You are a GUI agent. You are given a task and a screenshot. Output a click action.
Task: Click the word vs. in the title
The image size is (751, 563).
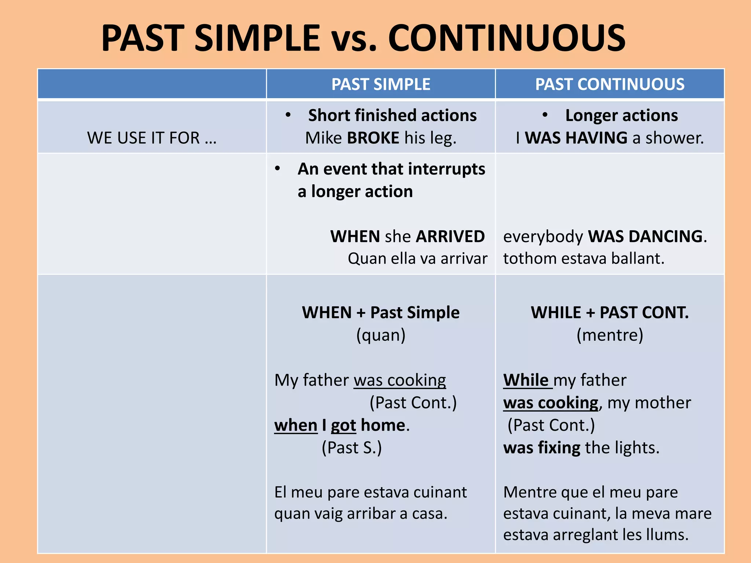click(354, 38)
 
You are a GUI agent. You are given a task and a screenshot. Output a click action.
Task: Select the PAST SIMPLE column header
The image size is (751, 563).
click(381, 84)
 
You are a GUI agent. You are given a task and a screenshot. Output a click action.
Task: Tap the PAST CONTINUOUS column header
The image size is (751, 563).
click(609, 84)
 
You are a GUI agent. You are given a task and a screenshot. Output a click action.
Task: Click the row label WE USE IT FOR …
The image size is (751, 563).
click(152, 138)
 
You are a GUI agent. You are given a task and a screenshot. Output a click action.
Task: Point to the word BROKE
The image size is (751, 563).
click(373, 138)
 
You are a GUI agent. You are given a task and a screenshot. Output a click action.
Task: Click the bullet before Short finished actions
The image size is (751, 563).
click(288, 115)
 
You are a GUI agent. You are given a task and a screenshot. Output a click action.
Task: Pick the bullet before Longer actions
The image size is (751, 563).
click(545, 115)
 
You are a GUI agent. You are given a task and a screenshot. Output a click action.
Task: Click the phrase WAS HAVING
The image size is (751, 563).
click(576, 138)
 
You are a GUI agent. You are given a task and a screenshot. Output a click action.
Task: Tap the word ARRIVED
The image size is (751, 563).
click(450, 236)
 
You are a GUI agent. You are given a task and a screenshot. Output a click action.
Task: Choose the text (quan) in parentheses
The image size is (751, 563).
click(381, 335)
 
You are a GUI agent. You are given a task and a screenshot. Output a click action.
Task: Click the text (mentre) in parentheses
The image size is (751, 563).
click(609, 335)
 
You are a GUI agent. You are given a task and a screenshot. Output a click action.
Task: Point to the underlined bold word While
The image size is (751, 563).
click(526, 380)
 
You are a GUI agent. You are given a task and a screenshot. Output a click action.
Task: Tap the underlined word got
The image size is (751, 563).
click(343, 426)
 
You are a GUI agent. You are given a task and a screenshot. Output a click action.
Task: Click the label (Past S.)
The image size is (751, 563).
click(351, 448)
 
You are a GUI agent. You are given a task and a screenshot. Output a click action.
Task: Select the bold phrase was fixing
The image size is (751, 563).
click(541, 448)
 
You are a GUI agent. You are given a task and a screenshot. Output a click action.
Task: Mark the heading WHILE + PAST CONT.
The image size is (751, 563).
click(609, 313)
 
